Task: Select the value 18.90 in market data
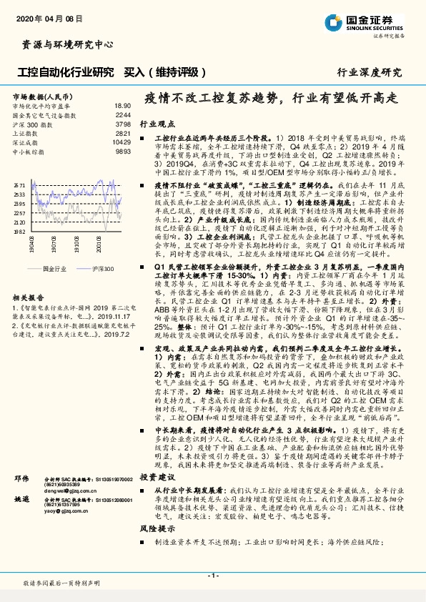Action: click(x=123, y=104)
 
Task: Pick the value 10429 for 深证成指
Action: click(x=122, y=142)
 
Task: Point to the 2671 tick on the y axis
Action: click(x=19, y=184)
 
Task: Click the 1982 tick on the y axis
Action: click(x=19, y=232)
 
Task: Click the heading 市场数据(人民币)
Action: click(x=42, y=94)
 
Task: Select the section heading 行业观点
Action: click(x=155, y=124)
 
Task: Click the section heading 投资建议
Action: click(x=155, y=475)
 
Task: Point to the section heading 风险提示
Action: click(x=155, y=528)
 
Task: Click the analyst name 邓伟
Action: click(x=22, y=477)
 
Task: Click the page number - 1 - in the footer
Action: click(x=212, y=576)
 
